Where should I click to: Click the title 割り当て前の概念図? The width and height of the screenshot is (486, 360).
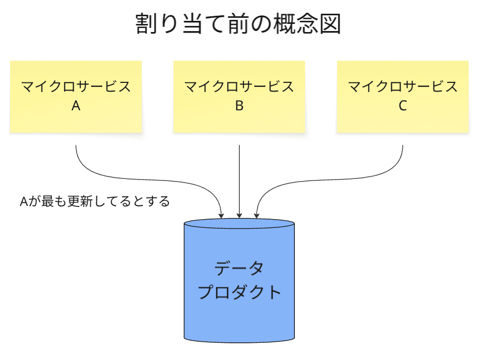238,24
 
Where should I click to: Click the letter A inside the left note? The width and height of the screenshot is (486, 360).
76,106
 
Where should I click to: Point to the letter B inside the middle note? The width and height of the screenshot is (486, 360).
239,106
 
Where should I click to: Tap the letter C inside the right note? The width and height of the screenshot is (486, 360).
403,106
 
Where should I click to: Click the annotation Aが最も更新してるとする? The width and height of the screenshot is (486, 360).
95,201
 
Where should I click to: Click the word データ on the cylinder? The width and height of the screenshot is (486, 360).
239,268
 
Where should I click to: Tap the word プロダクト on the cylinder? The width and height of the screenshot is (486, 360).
239,292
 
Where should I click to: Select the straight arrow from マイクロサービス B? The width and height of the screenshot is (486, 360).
239,178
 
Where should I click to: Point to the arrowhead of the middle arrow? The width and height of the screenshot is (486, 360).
239,216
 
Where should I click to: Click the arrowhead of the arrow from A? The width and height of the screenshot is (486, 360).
221,216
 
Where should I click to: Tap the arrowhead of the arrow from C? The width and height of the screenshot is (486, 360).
257,216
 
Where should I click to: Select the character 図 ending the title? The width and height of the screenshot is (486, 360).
331,24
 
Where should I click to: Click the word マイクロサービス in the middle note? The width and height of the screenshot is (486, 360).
239,86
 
